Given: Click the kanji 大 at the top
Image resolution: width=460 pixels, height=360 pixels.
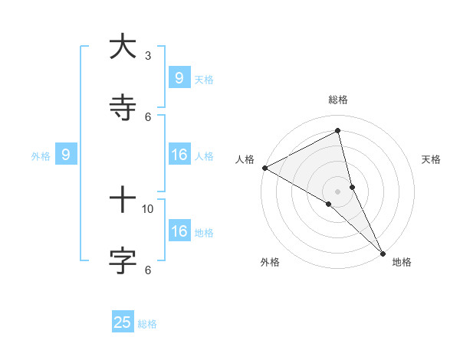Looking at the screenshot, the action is click(123, 47).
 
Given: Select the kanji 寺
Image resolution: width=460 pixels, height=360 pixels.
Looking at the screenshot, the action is click(123, 108).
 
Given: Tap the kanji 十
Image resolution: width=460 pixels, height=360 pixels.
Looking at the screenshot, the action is click(123, 200).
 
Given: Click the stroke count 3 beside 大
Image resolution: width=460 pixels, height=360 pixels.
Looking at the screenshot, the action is click(148, 55).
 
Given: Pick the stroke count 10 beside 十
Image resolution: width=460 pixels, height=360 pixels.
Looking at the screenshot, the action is click(148, 208).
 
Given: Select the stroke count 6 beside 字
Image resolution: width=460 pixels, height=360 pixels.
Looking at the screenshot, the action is click(148, 269).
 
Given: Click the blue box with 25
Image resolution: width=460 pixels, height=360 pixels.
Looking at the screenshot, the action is click(123, 322).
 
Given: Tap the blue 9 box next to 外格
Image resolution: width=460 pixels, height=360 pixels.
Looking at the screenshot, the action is click(67, 155).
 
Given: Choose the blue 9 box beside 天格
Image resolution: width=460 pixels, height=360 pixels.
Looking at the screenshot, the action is click(179, 77).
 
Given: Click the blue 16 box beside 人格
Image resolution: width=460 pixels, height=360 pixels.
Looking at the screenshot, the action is click(179, 155).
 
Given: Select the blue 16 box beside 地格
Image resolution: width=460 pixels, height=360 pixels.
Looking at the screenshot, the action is click(179, 231).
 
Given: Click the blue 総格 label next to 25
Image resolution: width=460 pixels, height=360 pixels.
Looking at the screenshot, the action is click(147, 324).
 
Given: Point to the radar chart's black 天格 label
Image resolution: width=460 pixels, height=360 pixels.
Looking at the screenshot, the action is click(432, 159).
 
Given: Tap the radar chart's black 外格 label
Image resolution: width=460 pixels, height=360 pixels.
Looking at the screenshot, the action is click(270, 262).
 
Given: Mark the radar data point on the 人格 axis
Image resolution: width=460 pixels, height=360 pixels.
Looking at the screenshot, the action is click(264, 168).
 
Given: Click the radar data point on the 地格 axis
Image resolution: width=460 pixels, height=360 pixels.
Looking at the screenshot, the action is click(383, 252).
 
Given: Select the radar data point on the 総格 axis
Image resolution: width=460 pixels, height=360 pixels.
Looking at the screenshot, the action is click(338, 131).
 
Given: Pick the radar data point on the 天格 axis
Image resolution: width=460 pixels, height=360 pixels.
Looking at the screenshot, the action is click(352, 186).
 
